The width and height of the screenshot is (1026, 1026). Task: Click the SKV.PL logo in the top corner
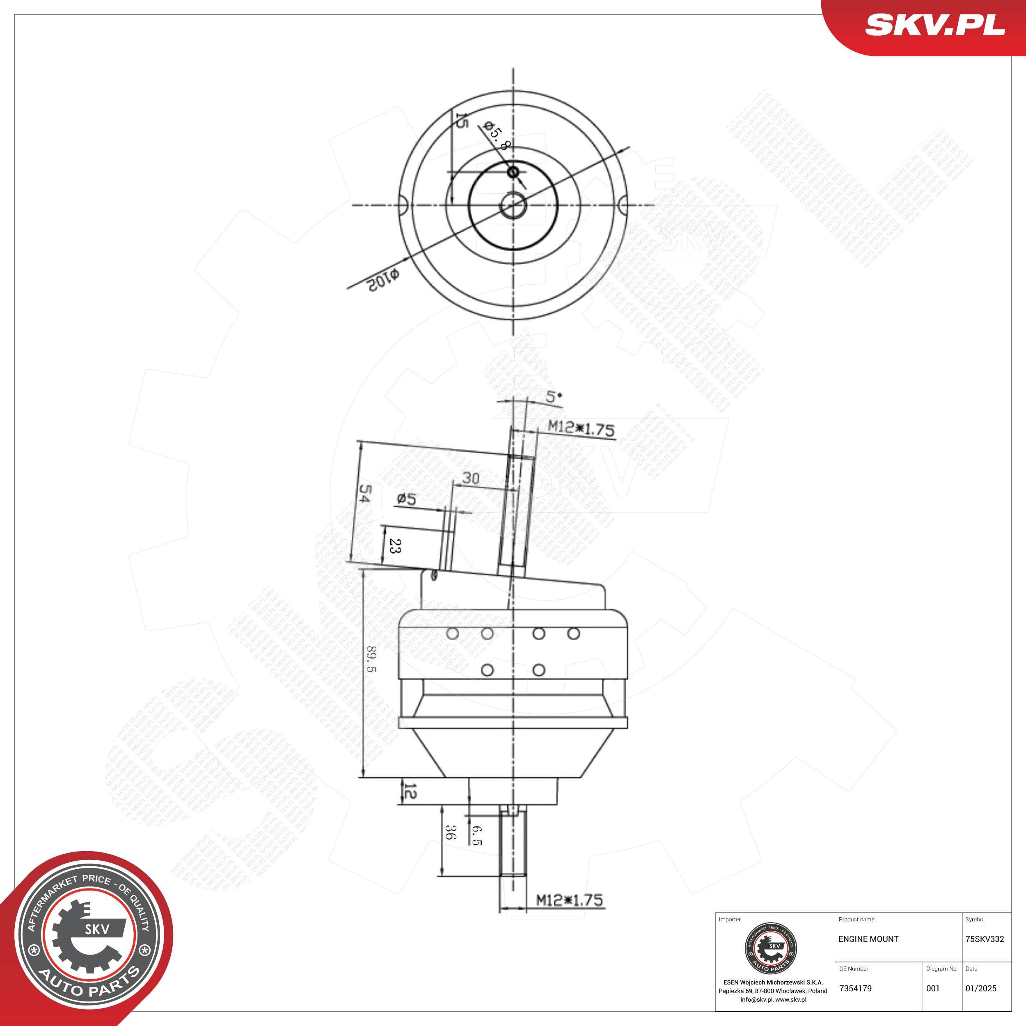(934, 25)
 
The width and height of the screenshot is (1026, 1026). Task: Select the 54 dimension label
(365, 493)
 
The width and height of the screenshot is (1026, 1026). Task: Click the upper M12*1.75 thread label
(581, 428)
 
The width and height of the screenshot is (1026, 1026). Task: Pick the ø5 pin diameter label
(406, 499)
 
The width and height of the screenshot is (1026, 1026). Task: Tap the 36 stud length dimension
(450, 832)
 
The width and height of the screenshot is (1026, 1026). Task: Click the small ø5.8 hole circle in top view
(513, 172)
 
